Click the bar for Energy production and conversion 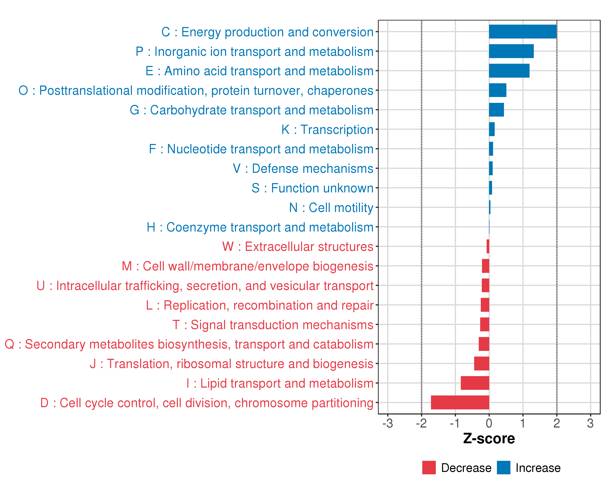tap(523, 32)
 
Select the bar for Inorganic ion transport tap(511, 51)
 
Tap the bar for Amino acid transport tap(509, 71)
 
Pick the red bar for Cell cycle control tap(460, 402)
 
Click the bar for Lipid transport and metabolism tap(475, 383)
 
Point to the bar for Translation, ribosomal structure tap(482, 363)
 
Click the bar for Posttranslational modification tap(498, 90)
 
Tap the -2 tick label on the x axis tap(421, 423)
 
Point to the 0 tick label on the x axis tap(489, 423)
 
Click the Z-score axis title tap(489, 439)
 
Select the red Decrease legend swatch tap(429, 467)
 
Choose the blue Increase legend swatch tap(503, 467)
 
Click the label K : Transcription tap(327, 129)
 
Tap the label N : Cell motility tap(331, 208)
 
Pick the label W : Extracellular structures tap(298, 247)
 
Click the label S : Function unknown tap(312, 188)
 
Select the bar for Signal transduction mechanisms tap(485, 324)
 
